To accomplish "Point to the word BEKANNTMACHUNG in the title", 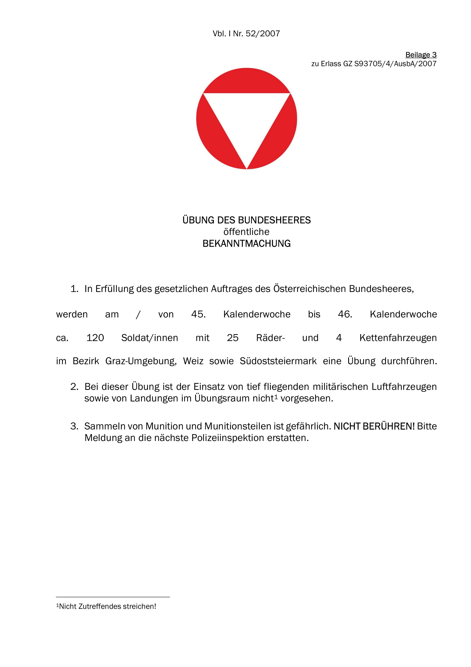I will [246, 243].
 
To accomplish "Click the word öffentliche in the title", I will [246, 232].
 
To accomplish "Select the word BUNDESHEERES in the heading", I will [274, 220].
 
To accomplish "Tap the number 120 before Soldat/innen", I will [95, 338].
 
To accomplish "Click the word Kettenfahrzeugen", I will [398, 338].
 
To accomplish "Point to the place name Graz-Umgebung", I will [141, 361].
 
